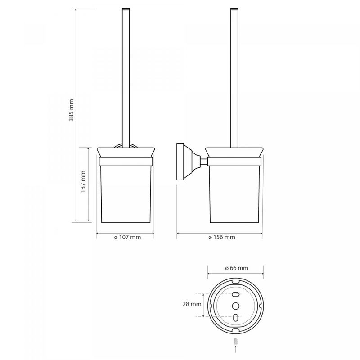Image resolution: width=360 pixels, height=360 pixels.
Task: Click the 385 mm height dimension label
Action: point(72,110)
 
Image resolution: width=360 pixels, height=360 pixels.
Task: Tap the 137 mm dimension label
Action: point(83,181)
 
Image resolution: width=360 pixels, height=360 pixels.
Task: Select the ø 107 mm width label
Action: point(127,237)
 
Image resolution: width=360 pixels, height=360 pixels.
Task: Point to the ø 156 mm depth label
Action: point(222,237)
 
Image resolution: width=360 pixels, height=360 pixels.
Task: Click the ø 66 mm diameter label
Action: point(237,268)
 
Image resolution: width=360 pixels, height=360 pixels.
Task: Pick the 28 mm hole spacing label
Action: point(192,304)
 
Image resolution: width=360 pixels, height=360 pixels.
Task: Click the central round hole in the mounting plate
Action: point(235,306)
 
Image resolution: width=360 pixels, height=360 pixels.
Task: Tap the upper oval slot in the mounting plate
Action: point(236,294)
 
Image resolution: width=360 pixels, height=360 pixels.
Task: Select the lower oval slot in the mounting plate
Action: point(235,317)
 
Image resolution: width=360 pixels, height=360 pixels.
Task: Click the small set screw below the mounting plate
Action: point(235,342)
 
